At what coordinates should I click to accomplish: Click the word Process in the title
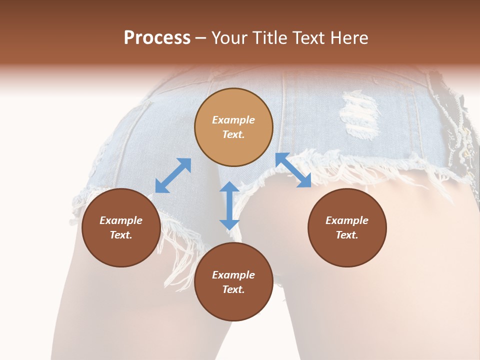point(157,37)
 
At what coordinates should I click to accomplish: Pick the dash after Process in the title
point(200,38)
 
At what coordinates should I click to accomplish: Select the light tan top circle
point(233,127)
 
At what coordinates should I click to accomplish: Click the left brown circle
point(121,227)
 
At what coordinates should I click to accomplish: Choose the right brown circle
point(347,227)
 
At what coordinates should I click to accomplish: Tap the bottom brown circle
point(233,282)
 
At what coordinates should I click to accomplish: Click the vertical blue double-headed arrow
point(229,205)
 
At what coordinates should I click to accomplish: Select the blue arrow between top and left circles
point(173,175)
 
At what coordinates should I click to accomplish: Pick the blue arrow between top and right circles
point(293,170)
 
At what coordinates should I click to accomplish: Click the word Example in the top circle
point(233,120)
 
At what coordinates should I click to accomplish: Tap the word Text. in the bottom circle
point(233,289)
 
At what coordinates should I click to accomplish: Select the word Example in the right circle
point(347,220)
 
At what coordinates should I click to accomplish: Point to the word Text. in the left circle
point(121,235)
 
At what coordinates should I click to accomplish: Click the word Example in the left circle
point(121,220)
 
